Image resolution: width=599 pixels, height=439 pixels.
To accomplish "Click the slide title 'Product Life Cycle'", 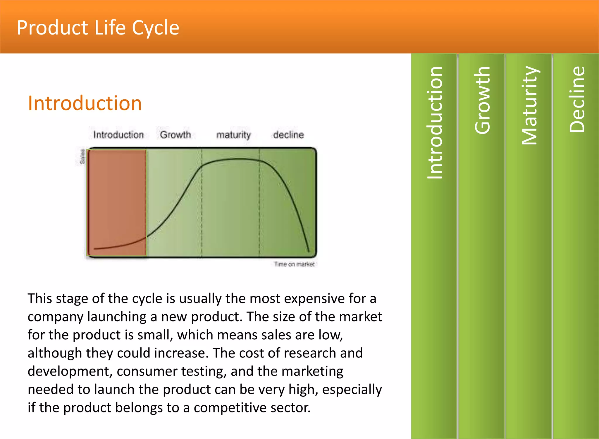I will tap(98, 28).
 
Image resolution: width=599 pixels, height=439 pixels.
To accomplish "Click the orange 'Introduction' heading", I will tap(85, 103).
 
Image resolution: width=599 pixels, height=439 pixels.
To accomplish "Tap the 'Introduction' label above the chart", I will tap(118, 135).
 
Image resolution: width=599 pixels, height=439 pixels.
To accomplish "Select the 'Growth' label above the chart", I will tap(175, 135).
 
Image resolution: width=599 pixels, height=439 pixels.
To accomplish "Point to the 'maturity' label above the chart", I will tap(233, 135).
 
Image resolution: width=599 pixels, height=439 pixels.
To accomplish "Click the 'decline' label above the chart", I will tap(288, 135).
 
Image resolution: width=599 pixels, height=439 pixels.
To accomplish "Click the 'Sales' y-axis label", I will tap(82, 157).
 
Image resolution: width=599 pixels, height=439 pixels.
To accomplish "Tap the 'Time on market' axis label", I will tap(294, 264).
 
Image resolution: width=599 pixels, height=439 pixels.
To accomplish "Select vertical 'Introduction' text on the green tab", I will tap(435, 123).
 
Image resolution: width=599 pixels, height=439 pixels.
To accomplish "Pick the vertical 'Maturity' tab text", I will tap(529, 105).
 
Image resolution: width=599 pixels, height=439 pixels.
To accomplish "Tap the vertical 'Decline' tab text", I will tap(577, 99).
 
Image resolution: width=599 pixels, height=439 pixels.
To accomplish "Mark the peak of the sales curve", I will tap(240, 159).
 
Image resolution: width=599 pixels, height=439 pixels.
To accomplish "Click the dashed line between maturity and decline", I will tap(259, 205).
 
